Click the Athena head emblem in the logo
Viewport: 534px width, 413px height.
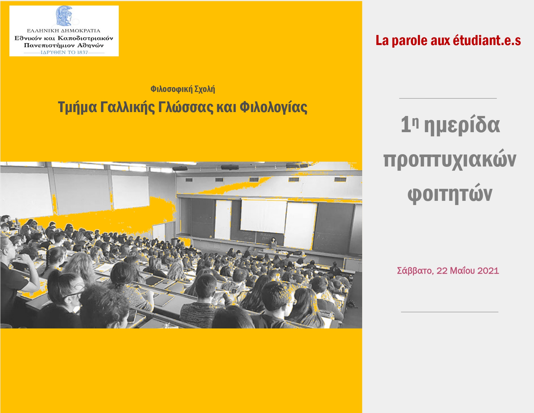coord(64,16)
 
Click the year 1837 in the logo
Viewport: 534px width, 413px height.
coord(82,52)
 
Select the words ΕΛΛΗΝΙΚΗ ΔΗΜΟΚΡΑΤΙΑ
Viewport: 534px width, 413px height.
coord(64,31)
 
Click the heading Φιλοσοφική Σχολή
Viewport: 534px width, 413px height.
coord(183,89)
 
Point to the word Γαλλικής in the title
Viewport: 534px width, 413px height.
coord(127,108)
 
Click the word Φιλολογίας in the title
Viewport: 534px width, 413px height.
coord(273,108)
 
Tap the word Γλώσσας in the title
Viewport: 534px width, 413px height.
coord(185,108)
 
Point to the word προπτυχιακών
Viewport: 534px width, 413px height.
coord(450,159)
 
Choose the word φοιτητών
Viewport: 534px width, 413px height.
coord(450,194)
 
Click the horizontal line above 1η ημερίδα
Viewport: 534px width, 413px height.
coord(448,98)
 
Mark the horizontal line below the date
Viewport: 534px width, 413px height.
coord(450,312)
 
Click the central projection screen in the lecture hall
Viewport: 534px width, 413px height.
coord(263,216)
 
